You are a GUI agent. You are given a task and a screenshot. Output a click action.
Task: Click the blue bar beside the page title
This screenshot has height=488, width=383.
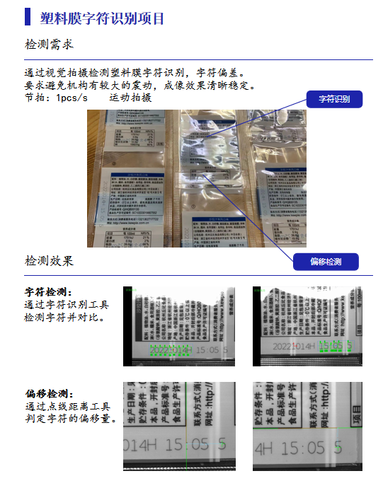tap(28, 16)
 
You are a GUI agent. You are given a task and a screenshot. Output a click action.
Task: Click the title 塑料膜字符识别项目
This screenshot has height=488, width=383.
tap(102, 18)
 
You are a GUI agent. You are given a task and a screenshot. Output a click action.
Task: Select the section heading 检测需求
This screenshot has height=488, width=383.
tap(49, 45)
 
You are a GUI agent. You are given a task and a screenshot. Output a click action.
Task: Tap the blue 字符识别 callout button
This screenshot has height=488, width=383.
tap(334, 99)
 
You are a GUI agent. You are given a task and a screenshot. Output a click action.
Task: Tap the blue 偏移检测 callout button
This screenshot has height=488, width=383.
tap(326, 262)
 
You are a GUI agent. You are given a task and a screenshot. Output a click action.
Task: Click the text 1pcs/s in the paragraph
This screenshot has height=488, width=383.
tap(72, 98)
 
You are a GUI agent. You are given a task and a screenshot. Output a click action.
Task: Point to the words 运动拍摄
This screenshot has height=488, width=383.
tap(130, 98)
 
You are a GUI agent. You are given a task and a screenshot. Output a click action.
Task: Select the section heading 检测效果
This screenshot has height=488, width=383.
tap(49, 260)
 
